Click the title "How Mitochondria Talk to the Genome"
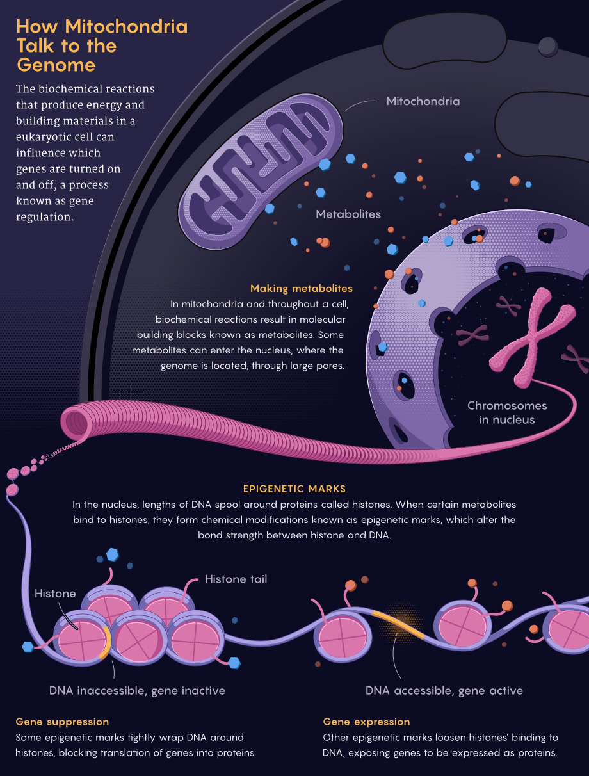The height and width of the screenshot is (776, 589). tap(102, 46)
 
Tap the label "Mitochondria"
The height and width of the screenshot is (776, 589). tap(423, 101)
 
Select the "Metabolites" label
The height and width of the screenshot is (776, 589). tap(348, 214)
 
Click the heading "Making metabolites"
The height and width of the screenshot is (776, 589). tap(301, 289)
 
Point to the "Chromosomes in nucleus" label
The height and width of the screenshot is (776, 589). tap(507, 412)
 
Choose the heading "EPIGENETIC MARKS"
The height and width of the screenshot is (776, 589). tap(294, 489)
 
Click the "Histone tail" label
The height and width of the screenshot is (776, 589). tap(236, 579)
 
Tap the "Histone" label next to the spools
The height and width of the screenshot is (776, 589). tap(55, 594)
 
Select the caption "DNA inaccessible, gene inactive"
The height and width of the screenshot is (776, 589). tap(137, 690)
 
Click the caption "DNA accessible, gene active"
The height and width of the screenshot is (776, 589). tap(444, 690)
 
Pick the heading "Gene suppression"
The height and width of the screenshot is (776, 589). tap(62, 722)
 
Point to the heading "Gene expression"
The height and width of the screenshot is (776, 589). tap(366, 722)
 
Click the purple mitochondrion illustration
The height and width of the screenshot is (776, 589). tap(261, 171)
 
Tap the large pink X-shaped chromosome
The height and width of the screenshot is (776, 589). tap(533, 337)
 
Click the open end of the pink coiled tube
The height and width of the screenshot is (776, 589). tap(75, 423)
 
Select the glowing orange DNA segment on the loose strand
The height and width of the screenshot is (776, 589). tap(398, 624)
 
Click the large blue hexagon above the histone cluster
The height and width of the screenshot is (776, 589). tap(113, 554)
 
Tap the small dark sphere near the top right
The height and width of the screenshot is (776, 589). tap(547, 47)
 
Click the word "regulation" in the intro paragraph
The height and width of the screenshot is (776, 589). tap(45, 217)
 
